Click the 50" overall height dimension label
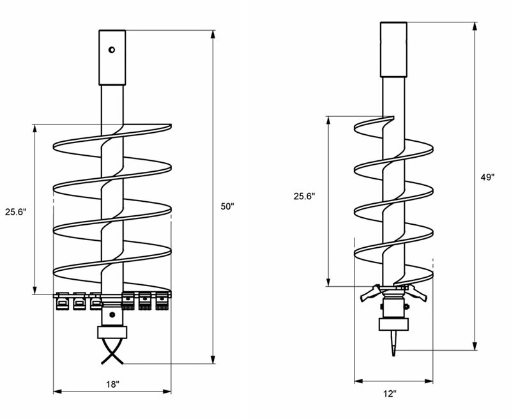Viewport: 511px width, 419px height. click(x=227, y=206)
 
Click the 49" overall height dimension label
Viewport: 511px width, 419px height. click(x=487, y=177)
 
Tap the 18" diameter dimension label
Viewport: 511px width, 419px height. click(x=112, y=385)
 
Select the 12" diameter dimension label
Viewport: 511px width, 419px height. click(x=390, y=394)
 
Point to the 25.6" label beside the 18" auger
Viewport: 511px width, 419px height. click(x=15, y=212)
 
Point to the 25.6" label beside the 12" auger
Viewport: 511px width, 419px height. click(x=305, y=196)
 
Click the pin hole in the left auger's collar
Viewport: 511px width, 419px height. click(x=112, y=50)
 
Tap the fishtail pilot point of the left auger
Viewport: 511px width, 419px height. click(x=112, y=351)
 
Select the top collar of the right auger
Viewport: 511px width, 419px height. click(x=393, y=50)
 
